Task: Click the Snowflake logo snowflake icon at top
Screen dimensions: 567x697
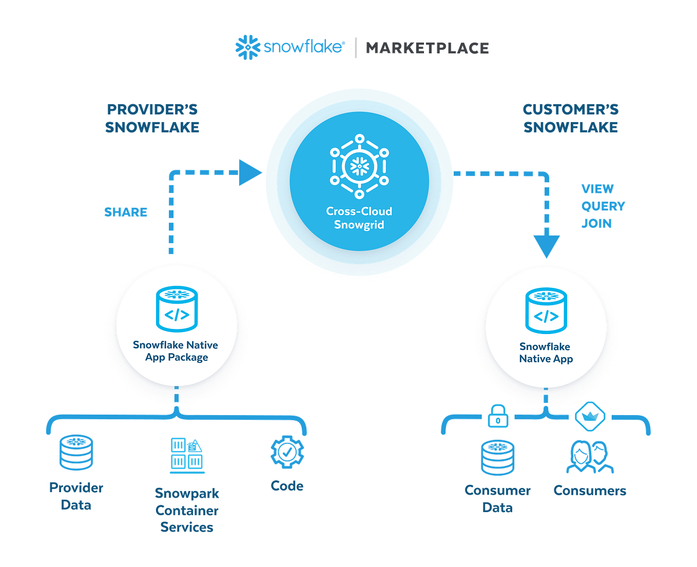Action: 247,47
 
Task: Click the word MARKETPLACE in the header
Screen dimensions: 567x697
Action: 427,48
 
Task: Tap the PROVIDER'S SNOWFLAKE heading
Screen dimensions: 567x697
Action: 152,118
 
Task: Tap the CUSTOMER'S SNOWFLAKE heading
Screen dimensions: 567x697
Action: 570,118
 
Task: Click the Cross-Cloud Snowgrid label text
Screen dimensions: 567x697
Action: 359,218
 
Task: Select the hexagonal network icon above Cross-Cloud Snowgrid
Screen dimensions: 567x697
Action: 359,166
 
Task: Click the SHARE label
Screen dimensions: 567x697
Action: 126,212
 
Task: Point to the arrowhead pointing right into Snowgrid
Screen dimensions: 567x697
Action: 249,172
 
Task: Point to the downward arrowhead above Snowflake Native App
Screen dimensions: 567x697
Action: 546,246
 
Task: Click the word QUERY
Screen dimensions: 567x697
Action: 603,206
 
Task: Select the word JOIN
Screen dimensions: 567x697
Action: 596,224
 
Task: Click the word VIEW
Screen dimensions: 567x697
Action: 597,189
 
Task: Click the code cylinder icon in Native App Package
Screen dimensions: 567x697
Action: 177,309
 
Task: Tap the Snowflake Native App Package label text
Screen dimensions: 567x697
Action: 176,351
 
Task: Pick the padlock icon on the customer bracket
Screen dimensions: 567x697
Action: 498,416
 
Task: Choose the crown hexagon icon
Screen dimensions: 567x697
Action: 590,416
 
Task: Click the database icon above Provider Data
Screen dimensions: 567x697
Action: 76,452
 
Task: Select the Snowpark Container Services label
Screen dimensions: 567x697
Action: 187,510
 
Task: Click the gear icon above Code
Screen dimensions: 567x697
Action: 287,452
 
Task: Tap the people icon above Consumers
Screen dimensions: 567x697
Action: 590,456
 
